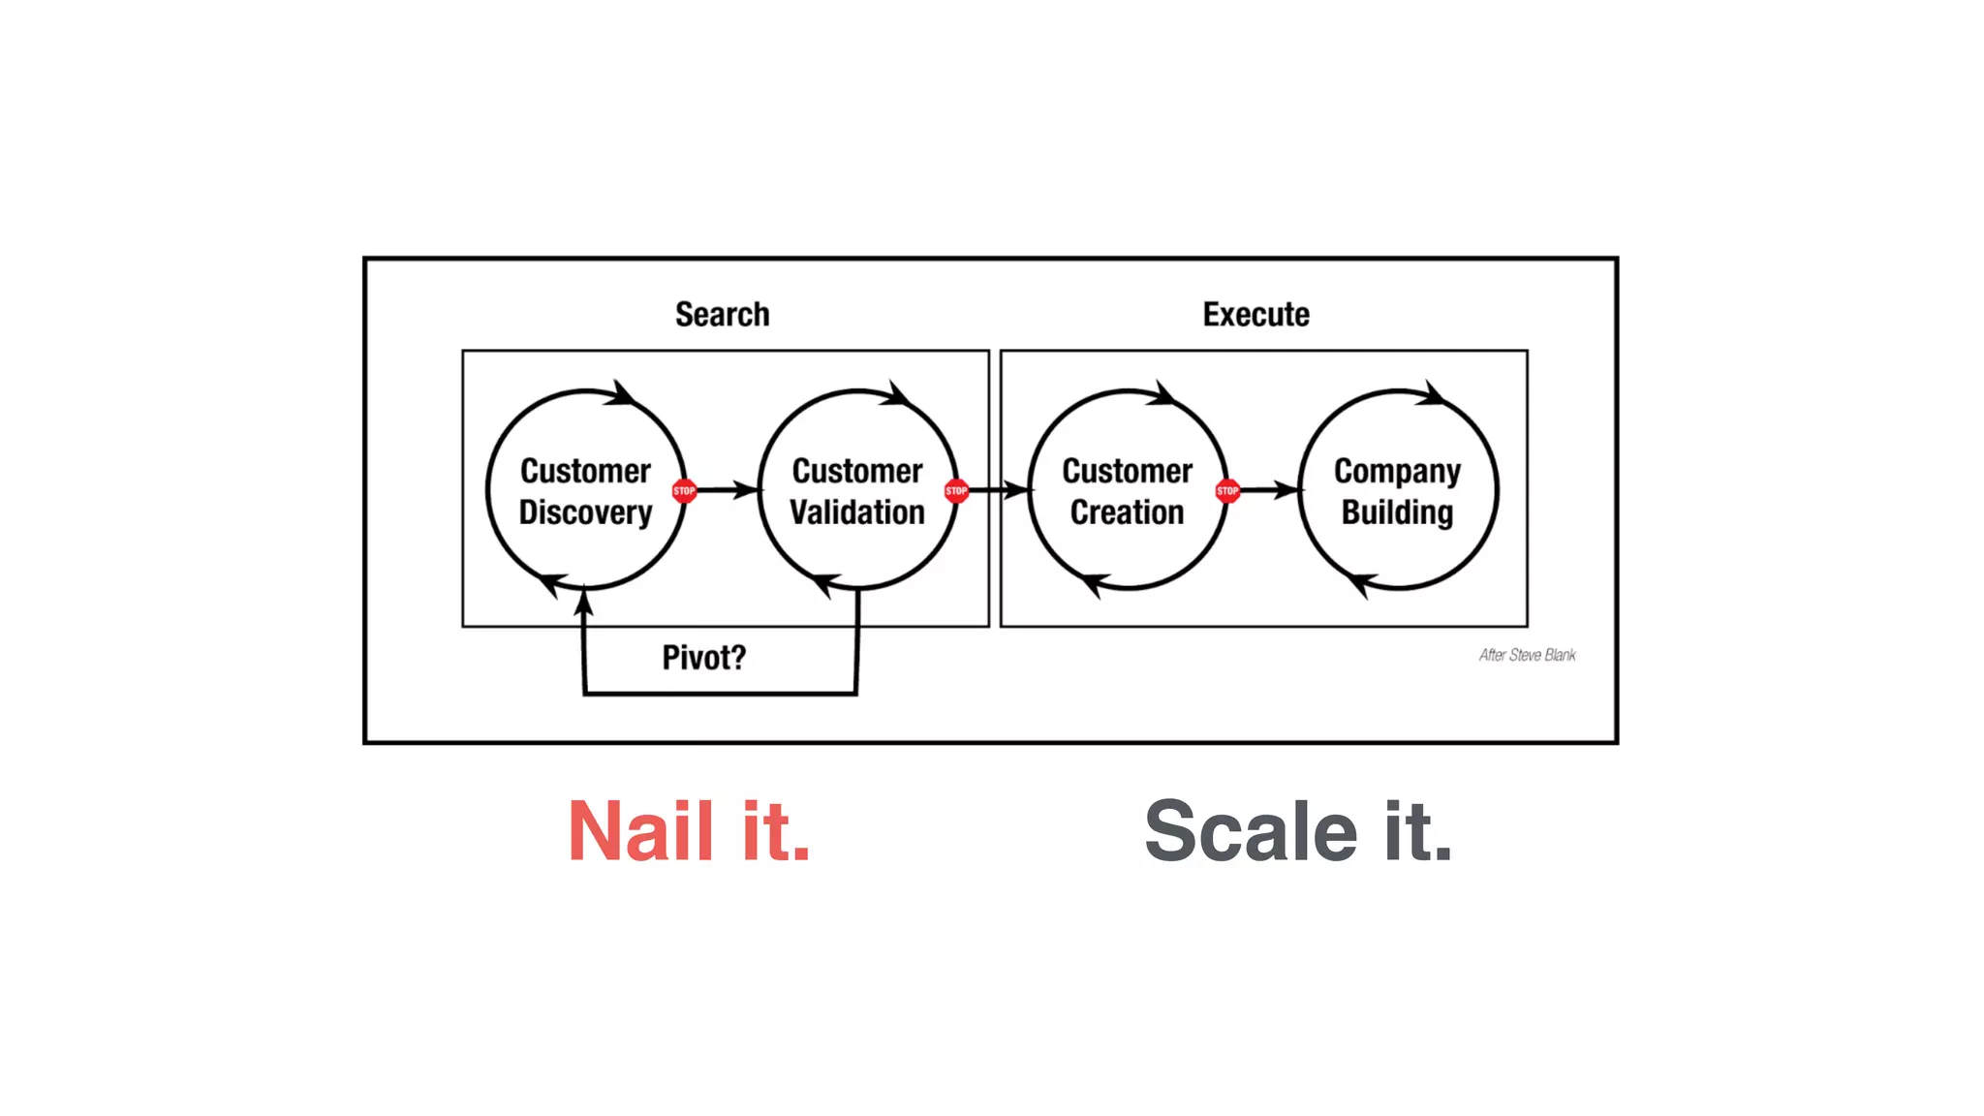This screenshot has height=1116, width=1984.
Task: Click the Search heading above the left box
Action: tap(722, 315)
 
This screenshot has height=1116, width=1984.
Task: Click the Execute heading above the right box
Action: tap(1255, 315)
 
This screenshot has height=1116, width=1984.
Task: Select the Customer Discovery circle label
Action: tap(585, 491)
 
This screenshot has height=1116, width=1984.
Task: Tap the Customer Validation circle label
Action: tap(857, 491)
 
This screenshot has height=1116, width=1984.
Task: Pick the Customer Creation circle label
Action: tap(1127, 491)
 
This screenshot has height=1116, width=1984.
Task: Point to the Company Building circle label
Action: tap(1397, 491)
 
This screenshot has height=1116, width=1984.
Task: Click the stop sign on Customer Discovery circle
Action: tap(684, 491)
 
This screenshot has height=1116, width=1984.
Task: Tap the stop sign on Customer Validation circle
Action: tap(956, 491)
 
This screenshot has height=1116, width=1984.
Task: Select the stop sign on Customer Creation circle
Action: tap(1227, 491)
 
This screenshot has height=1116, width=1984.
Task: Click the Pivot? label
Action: tap(704, 658)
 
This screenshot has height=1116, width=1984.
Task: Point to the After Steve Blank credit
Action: tap(1527, 656)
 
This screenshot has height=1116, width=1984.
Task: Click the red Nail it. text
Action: tap(689, 831)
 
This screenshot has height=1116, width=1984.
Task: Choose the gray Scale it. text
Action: tap(1298, 831)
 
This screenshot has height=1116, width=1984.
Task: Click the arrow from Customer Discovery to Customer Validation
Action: tap(727, 490)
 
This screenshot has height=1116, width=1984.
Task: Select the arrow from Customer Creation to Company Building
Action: tap(1269, 490)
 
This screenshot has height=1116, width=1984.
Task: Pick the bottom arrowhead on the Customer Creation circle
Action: tap(1093, 583)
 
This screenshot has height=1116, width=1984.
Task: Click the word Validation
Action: tap(857, 512)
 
